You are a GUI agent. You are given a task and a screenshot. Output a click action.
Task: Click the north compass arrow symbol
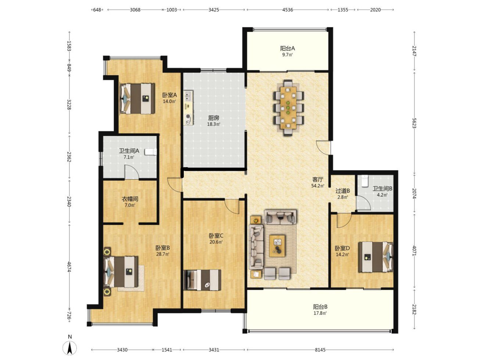(x=69, y=348)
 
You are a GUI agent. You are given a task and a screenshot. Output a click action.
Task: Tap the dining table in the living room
(x=288, y=108)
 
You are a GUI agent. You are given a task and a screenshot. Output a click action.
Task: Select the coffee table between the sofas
(x=277, y=246)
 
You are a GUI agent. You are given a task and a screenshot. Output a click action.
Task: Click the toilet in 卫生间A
(x=151, y=152)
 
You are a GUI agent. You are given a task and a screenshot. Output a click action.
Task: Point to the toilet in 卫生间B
(x=364, y=181)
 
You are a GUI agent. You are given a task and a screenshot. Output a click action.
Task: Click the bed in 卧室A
(x=137, y=98)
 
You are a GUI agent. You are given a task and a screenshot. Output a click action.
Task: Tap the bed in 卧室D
(x=376, y=257)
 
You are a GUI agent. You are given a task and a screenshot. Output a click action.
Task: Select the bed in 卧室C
(x=202, y=280)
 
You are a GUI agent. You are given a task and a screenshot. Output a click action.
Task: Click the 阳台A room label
(x=287, y=48)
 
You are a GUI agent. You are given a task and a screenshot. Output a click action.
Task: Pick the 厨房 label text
(x=213, y=118)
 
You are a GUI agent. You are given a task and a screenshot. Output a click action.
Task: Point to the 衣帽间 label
(x=130, y=199)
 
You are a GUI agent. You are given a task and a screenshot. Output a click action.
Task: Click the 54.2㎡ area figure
(x=318, y=186)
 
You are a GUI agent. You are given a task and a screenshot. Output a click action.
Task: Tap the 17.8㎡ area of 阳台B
(x=320, y=313)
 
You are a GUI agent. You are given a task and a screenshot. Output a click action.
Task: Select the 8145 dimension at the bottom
(x=320, y=350)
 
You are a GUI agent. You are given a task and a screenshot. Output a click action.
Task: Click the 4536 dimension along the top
(x=288, y=10)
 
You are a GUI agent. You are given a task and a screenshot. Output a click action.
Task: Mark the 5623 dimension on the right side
(x=414, y=123)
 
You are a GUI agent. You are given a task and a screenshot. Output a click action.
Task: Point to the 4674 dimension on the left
(x=69, y=267)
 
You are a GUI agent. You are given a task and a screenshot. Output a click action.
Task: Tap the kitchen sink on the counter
(x=188, y=96)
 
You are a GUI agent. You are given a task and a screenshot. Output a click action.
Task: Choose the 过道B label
(x=343, y=191)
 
